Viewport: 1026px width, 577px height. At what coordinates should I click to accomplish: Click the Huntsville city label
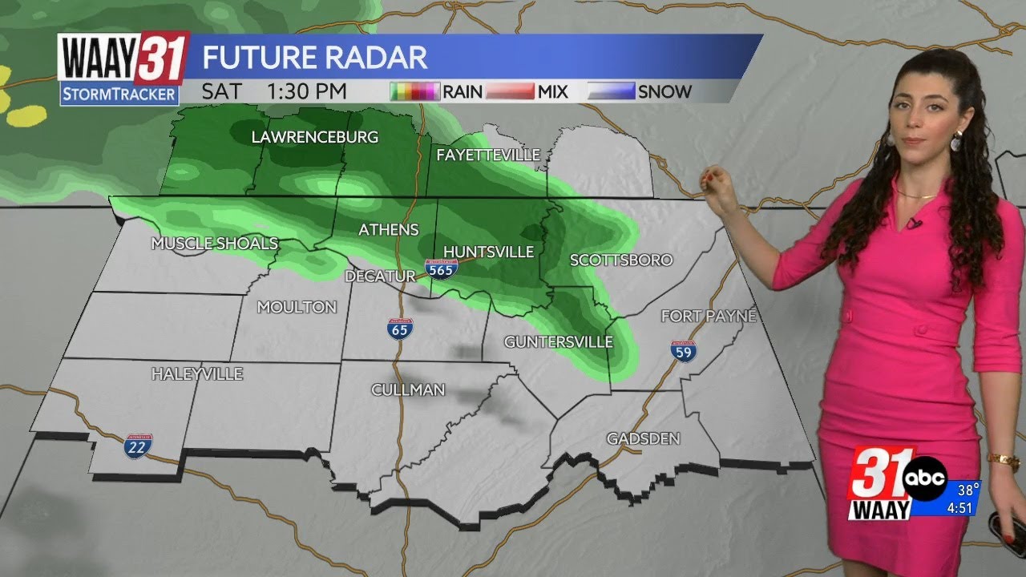click(x=488, y=252)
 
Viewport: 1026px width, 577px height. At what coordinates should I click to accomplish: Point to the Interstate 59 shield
click(x=684, y=350)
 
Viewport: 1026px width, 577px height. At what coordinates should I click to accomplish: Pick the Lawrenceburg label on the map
click(x=314, y=137)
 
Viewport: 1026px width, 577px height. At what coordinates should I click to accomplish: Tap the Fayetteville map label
click(x=487, y=155)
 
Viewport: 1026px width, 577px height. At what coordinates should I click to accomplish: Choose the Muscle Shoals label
click(x=215, y=244)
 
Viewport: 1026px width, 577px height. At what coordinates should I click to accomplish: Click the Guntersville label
click(x=558, y=342)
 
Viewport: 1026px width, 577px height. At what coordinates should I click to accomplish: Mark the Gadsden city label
click(x=643, y=438)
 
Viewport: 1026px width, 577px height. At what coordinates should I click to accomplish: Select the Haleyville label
click(x=196, y=374)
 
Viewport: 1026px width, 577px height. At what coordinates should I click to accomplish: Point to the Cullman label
click(x=407, y=390)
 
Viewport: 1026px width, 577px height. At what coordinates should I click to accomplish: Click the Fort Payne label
click(x=709, y=317)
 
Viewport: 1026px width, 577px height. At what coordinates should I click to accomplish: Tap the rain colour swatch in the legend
click(x=414, y=91)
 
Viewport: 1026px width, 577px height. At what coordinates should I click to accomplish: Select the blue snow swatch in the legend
click(x=612, y=91)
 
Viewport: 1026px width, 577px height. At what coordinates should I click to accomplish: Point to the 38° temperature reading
click(x=968, y=490)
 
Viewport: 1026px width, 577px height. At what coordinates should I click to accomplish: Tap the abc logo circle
click(x=925, y=478)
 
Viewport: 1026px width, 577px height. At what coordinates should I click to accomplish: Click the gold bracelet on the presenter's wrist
click(x=1003, y=461)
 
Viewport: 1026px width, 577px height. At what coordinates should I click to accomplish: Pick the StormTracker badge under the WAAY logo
click(x=119, y=94)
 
